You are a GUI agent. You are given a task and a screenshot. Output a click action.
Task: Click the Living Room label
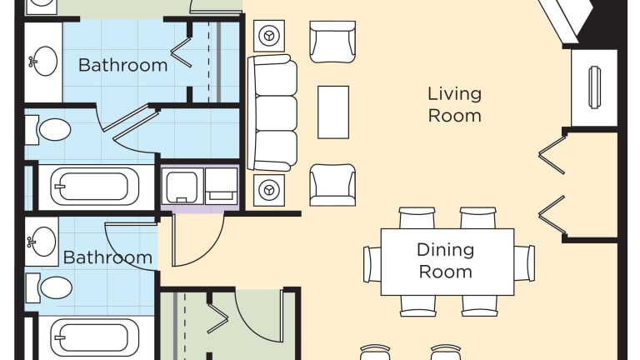click(454, 104)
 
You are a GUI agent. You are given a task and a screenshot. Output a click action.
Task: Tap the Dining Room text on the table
click(445, 260)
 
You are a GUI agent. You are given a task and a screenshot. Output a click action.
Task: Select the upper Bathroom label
click(122, 65)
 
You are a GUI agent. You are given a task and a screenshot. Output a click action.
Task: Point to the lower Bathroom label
click(107, 257)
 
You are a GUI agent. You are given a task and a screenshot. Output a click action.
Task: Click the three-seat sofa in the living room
click(272, 113)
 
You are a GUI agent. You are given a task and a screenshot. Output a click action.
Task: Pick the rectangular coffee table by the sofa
click(333, 112)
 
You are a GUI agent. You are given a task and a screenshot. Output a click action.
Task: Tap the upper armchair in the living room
click(332, 42)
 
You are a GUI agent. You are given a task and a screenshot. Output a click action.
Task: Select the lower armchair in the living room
click(332, 185)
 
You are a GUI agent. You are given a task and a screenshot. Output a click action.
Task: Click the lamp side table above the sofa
click(269, 36)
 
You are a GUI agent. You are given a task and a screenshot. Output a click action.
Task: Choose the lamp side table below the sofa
click(269, 190)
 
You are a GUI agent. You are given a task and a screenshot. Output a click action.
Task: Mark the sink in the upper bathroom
click(43, 62)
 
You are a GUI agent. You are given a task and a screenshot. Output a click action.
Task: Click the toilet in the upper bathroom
click(48, 130)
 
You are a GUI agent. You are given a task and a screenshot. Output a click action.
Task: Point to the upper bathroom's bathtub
click(94, 187)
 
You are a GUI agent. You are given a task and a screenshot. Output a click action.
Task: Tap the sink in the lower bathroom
click(42, 242)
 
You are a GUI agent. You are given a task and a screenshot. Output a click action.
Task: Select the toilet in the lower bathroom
click(49, 287)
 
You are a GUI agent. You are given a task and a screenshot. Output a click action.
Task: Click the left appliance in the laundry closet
click(182, 186)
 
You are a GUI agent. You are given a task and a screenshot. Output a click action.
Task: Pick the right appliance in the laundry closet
click(221, 186)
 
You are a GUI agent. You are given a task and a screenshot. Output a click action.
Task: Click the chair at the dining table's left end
click(372, 264)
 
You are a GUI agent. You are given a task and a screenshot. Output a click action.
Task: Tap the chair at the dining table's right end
click(524, 263)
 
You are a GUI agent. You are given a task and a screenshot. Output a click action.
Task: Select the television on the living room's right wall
click(595, 87)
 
